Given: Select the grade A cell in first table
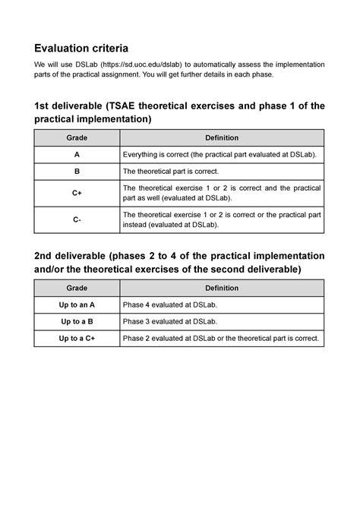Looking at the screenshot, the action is pos(77,155).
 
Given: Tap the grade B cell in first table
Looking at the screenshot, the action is pos(77,172).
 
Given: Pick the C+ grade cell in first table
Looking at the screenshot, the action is pos(77,193).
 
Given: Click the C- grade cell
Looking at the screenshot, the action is pos(77,219).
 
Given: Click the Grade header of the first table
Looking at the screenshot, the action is pos(77,137).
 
